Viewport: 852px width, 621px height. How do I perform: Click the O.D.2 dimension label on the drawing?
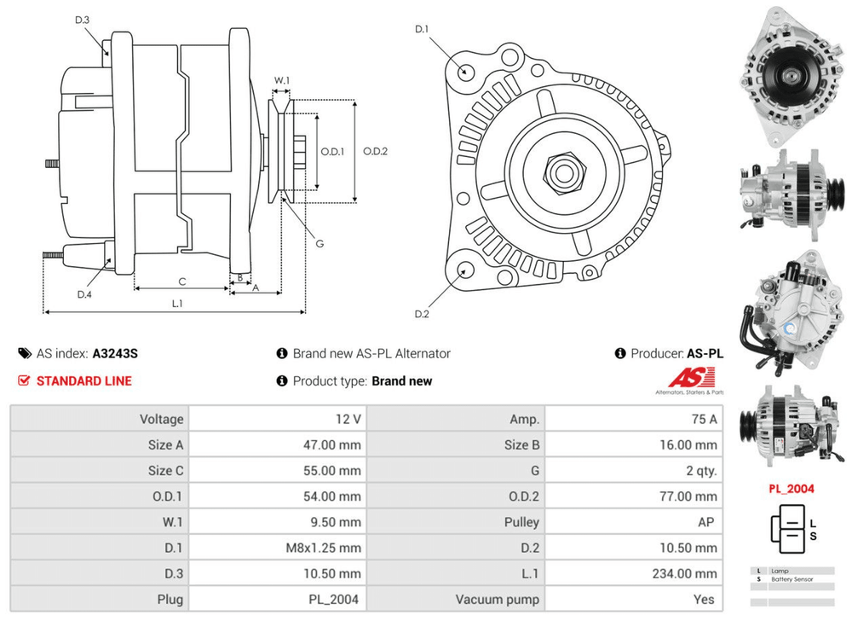tap(375, 152)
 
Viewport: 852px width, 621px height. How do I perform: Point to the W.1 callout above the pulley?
tap(281, 81)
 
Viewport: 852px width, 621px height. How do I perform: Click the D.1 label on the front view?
tap(421, 30)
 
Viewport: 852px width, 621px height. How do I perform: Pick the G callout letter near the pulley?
tap(319, 243)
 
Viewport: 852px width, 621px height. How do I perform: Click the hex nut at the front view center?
tap(563, 171)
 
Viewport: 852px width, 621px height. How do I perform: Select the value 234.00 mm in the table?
tap(683, 573)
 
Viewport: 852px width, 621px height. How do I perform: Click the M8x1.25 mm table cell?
tap(325, 548)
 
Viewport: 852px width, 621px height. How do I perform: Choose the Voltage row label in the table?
tap(161, 419)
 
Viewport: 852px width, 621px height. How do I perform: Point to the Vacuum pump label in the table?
tap(498, 599)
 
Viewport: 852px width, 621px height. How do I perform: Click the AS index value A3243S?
tap(115, 353)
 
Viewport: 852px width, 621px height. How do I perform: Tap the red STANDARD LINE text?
tap(83, 380)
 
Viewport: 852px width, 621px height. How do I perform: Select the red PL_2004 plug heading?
tap(792, 489)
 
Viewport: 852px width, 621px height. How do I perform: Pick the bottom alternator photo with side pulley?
tap(791, 423)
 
